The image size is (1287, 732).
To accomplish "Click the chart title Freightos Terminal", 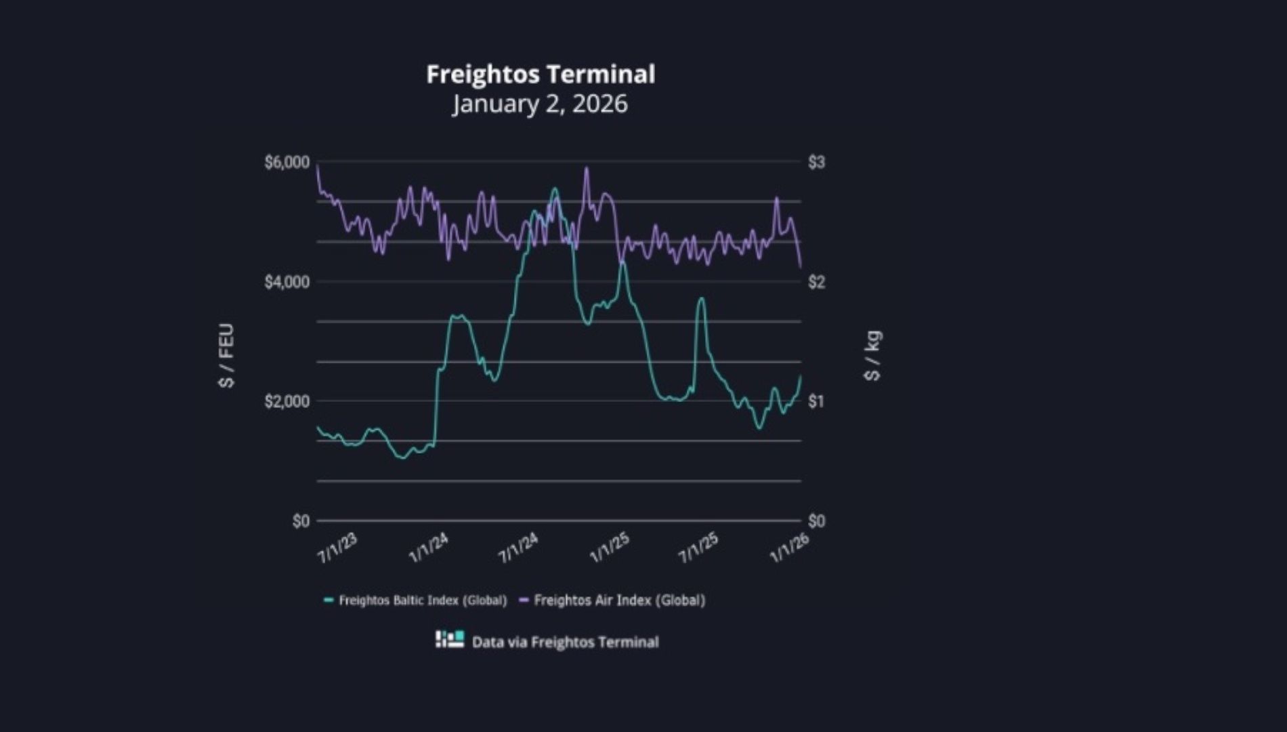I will pos(541,74).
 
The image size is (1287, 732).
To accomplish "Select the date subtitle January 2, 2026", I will pos(541,104).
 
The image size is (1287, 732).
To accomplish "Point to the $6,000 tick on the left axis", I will pos(287,163).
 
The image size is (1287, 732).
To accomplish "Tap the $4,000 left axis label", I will pos(287,282).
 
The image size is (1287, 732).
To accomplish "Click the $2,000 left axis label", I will pos(287,401).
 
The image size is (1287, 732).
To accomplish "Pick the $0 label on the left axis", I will pos(301,521).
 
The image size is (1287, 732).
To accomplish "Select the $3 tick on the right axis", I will pos(816,163).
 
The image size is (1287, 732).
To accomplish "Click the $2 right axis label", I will pos(816,282).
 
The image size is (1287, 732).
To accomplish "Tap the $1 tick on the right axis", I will pos(816,401).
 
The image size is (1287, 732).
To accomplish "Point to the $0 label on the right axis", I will pos(816,521).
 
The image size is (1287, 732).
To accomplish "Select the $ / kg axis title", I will pos(873,356).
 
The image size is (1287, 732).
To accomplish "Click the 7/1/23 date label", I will pos(337,548).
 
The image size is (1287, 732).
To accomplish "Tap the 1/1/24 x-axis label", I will pos(428,548).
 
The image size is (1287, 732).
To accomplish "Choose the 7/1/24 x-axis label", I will pos(518,548).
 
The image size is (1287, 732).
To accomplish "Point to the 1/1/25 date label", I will pos(609,548).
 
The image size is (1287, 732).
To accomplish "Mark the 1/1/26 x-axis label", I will pos(790,548).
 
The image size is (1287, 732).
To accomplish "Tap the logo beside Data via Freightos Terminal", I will pos(450,639).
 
